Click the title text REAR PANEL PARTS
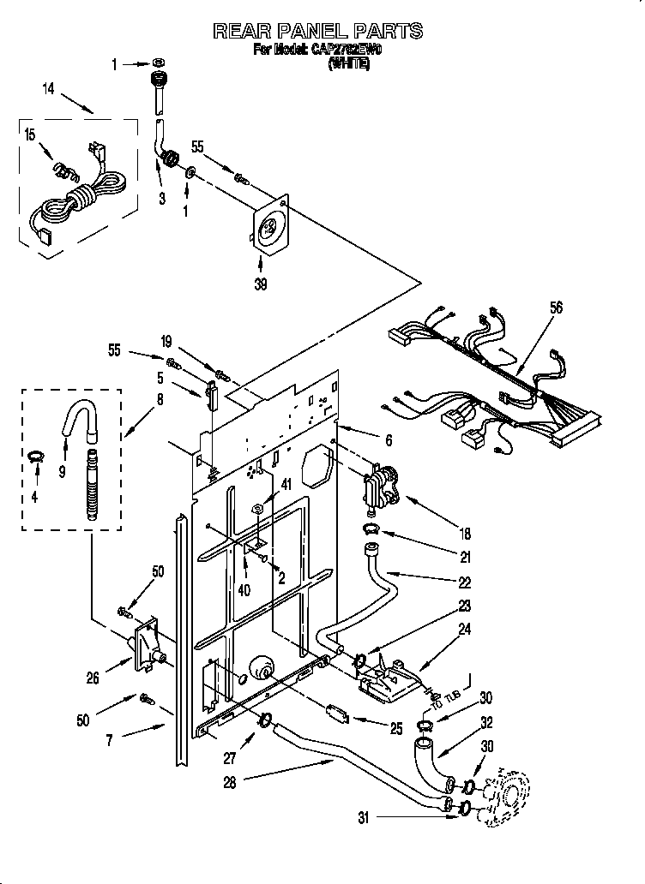(317, 32)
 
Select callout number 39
(261, 284)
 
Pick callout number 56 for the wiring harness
(556, 309)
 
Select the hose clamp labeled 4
(34, 456)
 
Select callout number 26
(93, 678)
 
